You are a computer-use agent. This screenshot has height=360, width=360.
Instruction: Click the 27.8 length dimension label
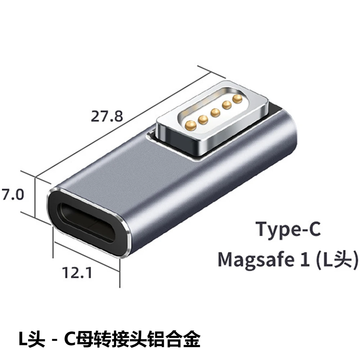click(107, 117)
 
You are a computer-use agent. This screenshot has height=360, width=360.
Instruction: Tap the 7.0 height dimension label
click(12, 195)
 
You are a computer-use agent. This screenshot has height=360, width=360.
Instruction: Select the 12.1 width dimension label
click(76, 273)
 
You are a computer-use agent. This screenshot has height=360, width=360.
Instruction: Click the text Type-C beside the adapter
click(288, 229)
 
